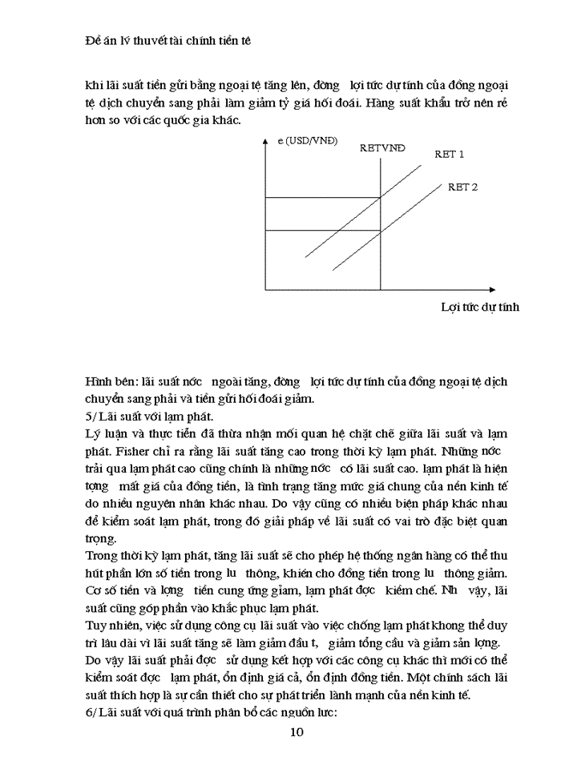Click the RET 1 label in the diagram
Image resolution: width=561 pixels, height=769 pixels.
click(x=450, y=154)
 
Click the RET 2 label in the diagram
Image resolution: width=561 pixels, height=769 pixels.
click(x=462, y=187)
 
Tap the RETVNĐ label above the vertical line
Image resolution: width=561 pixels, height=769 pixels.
click(x=382, y=148)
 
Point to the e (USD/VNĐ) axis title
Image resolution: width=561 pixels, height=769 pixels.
click(x=308, y=141)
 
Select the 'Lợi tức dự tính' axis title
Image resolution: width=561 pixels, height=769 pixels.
click(x=480, y=307)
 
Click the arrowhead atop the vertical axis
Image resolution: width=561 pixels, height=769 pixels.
click(x=264, y=142)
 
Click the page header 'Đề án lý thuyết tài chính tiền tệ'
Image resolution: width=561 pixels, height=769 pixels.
click(x=168, y=39)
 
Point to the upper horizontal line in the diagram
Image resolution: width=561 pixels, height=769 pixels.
click(x=321, y=198)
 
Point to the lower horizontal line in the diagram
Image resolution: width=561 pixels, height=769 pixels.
click(x=321, y=231)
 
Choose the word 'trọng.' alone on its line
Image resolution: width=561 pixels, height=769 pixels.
click(x=101, y=538)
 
